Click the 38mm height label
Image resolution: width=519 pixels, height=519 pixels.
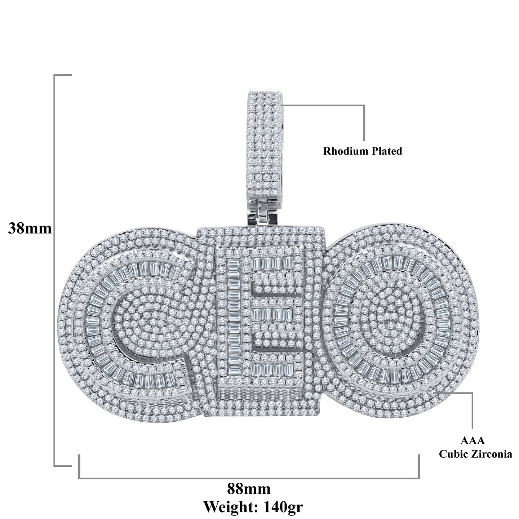click(x=30, y=229)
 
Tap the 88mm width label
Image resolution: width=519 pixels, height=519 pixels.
click(x=249, y=489)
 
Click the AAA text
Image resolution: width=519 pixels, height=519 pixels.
click(x=473, y=440)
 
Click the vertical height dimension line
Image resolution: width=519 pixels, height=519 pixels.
click(x=54, y=270)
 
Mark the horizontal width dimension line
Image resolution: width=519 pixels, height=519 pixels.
click(x=249, y=478)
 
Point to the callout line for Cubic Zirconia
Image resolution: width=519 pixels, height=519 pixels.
click(x=472, y=411)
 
